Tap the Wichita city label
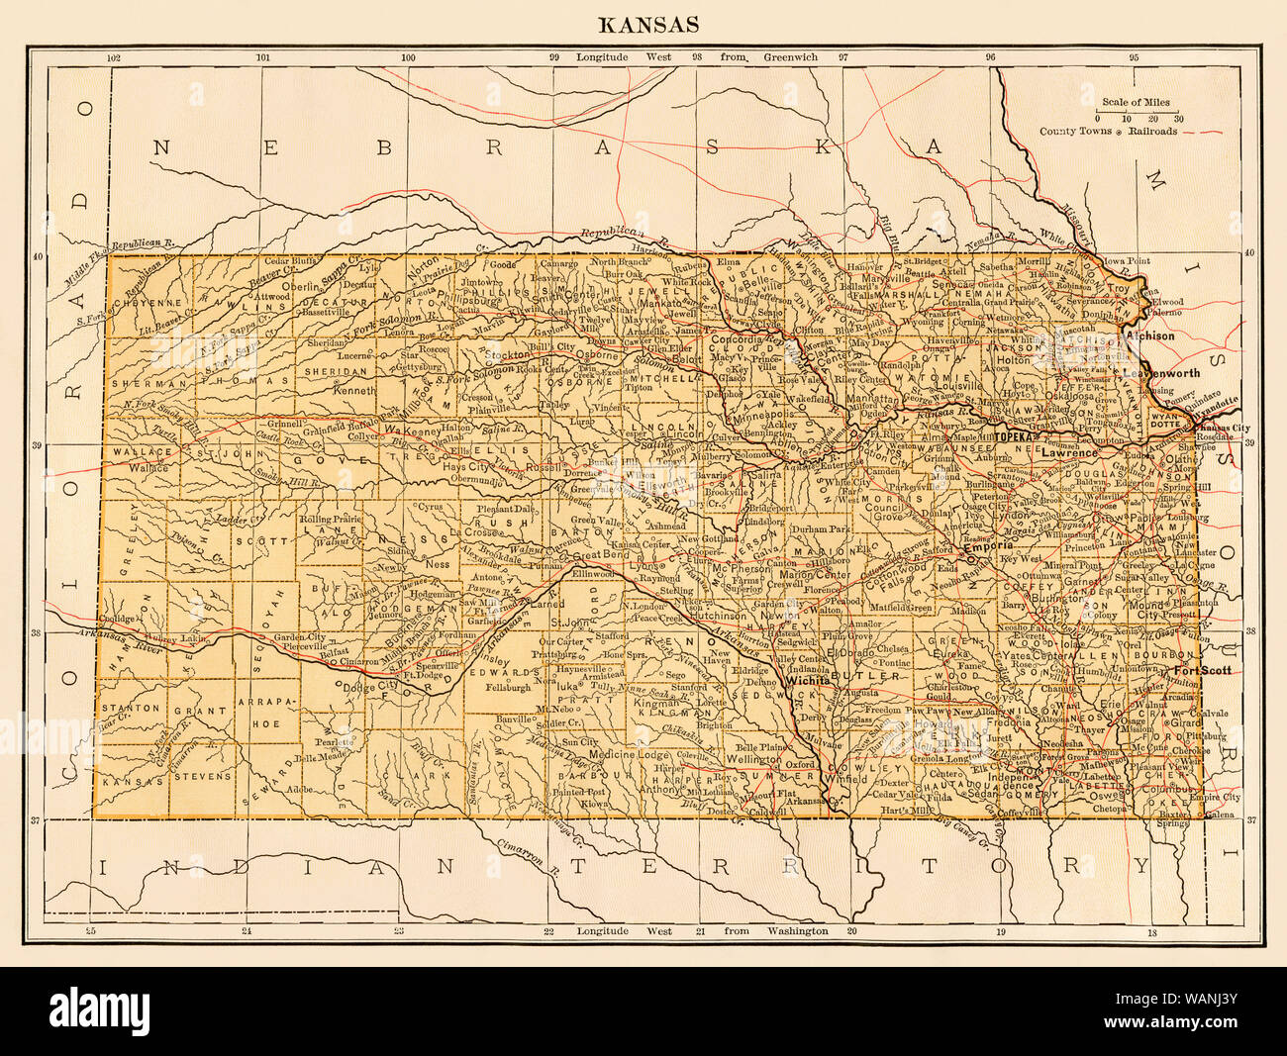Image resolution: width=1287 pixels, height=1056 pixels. [x=807, y=682]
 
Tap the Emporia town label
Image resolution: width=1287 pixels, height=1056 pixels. [x=987, y=545]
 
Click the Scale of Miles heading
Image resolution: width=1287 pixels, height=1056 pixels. [x=1136, y=102]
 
